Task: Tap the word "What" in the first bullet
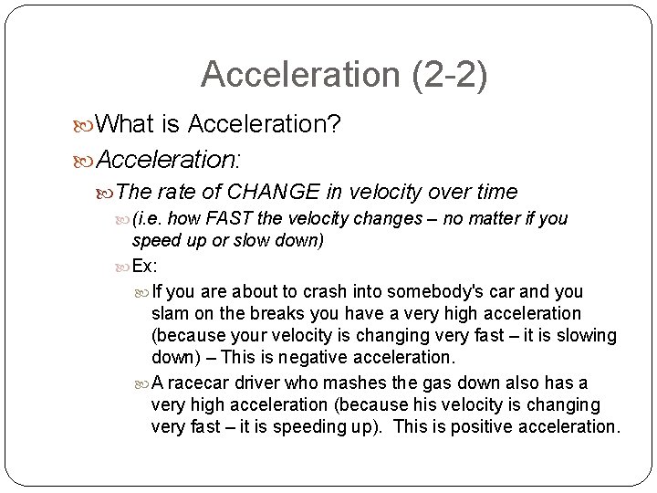point(125,123)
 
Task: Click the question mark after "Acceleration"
point(334,123)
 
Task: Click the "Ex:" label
point(145,266)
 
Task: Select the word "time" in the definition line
point(497,192)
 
